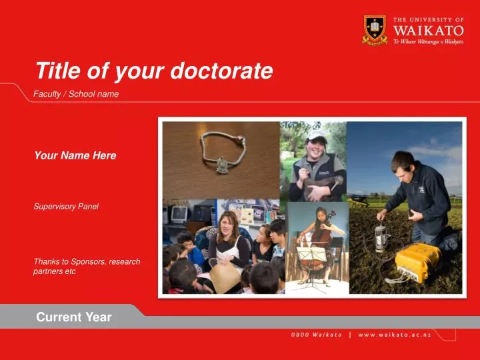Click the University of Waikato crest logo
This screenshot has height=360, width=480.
point(375,29)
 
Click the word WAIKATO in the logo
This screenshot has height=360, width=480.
point(438,30)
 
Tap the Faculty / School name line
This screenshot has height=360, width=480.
point(76,94)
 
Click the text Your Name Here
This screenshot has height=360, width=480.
point(75,155)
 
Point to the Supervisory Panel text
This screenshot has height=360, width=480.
point(66,207)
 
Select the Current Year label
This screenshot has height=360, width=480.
point(74,317)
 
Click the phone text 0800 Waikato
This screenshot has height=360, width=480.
point(316,335)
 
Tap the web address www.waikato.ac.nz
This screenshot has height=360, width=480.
point(395,335)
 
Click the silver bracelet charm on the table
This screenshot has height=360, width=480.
point(220,163)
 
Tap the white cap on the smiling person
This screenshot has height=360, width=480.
point(316,135)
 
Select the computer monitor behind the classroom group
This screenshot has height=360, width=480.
point(179,214)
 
